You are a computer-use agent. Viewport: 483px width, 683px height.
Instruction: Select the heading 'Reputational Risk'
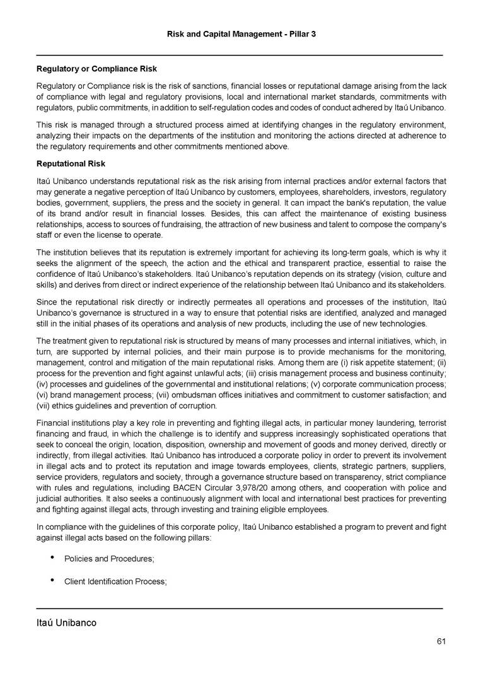coord(71,163)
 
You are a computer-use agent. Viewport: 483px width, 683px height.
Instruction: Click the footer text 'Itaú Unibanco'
coord(66,623)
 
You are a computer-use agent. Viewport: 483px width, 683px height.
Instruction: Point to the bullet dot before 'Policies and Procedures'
coord(50,557)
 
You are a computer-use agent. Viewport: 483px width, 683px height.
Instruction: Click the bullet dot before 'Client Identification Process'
coord(50,581)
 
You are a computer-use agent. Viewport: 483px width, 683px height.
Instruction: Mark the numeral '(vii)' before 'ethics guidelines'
coord(45,406)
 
